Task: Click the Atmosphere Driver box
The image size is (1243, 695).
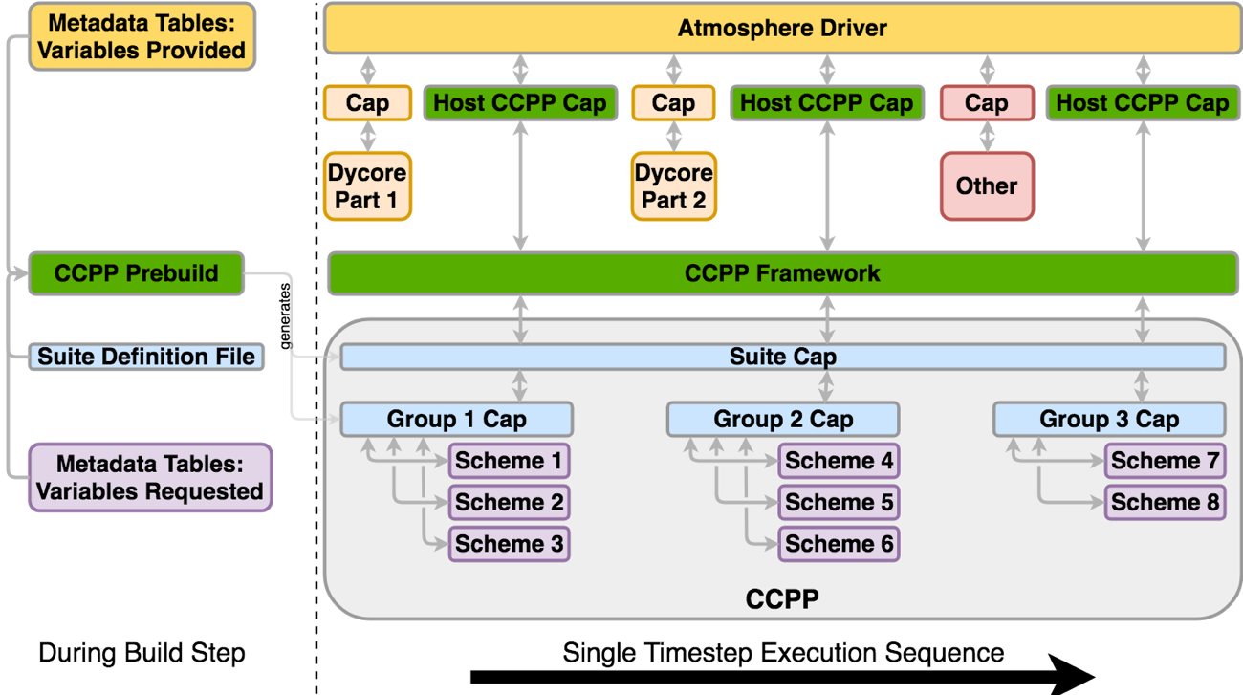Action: (x=782, y=29)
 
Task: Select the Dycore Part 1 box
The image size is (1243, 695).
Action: (x=367, y=186)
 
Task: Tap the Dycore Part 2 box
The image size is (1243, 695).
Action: (x=673, y=186)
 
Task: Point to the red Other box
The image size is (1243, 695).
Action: (x=987, y=185)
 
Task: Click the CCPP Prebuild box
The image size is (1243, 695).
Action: (x=136, y=274)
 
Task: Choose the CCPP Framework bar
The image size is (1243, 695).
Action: (x=782, y=274)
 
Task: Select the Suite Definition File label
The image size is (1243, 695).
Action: (x=146, y=357)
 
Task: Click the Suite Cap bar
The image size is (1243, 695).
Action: (x=782, y=357)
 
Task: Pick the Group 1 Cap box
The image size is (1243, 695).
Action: (x=456, y=419)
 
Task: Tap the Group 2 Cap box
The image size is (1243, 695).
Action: (x=782, y=419)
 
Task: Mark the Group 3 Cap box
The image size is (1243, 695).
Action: (x=1109, y=419)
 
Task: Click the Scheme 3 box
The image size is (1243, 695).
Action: (x=509, y=544)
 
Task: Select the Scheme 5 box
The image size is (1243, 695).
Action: (x=839, y=503)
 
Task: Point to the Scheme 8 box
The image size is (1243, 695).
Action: (x=1165, y=503)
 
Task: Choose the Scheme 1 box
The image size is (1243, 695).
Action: (x=509, y=461)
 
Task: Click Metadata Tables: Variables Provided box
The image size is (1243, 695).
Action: (x=141, y=36)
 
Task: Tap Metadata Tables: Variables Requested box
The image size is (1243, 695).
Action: (x=149, y=477)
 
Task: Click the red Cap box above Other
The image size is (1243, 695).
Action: (x=987, y=103)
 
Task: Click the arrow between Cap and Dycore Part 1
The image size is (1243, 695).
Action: (x=367, y=136)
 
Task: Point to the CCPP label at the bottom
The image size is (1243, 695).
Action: (x=782, y=599)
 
